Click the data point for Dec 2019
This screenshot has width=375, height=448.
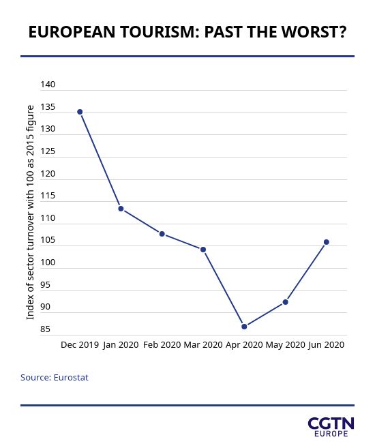80,112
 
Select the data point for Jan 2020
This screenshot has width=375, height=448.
121,209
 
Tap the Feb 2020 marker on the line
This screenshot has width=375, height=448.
162,234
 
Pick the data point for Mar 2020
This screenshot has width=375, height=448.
203,250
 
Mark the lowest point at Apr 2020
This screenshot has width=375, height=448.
244,327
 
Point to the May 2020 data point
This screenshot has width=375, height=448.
285,301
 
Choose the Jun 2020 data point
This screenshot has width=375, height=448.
326,242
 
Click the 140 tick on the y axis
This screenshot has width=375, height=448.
48,85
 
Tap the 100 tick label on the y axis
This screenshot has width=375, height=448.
48,263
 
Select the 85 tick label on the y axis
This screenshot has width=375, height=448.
45,329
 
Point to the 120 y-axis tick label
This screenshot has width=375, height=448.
48,173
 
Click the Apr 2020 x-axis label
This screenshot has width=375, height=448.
244,345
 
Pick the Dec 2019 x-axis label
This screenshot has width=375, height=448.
80,344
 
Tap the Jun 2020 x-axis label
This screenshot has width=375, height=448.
326,345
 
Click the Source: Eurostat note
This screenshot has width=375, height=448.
55,378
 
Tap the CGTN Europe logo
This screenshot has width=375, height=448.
331,427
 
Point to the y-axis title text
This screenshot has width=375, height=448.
30,212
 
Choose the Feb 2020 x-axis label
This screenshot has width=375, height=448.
162,344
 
